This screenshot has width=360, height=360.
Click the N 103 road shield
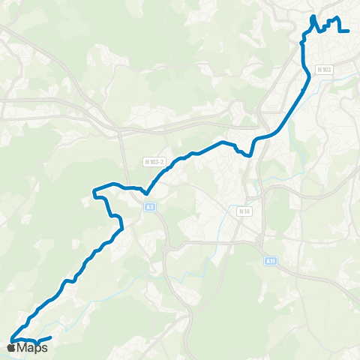click(325, 70)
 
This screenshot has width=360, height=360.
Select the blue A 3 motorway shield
click(150, 207)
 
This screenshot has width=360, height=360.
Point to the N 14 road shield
click(244, 211)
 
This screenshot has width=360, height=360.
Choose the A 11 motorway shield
click(271, 260)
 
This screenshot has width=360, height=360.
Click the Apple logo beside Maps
click(11, 347)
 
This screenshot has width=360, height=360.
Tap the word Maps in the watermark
click(32, 347)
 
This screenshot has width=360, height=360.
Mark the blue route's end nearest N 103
click(349, 31)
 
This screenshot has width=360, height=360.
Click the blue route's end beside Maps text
click(49, 339)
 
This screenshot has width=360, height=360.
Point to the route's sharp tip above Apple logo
click(10, 340)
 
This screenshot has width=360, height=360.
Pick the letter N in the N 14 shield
click(241, 211)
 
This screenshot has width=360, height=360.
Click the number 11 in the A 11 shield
click(273, 260)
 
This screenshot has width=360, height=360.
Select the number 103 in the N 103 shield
click(327, 70)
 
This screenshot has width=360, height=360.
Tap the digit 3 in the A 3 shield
click(152, 207)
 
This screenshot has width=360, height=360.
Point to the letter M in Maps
click(22, 347)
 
